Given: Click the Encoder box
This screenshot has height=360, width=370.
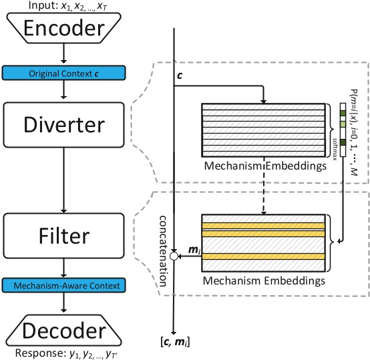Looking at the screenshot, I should (62, 28).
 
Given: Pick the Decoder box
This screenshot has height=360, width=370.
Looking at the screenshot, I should (62, 332).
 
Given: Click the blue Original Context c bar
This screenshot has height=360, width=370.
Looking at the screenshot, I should (62, 72).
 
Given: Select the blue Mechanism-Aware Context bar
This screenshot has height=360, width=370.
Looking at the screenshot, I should (62, 286).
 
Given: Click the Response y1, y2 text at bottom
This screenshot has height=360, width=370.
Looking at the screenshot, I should (62, 353).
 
